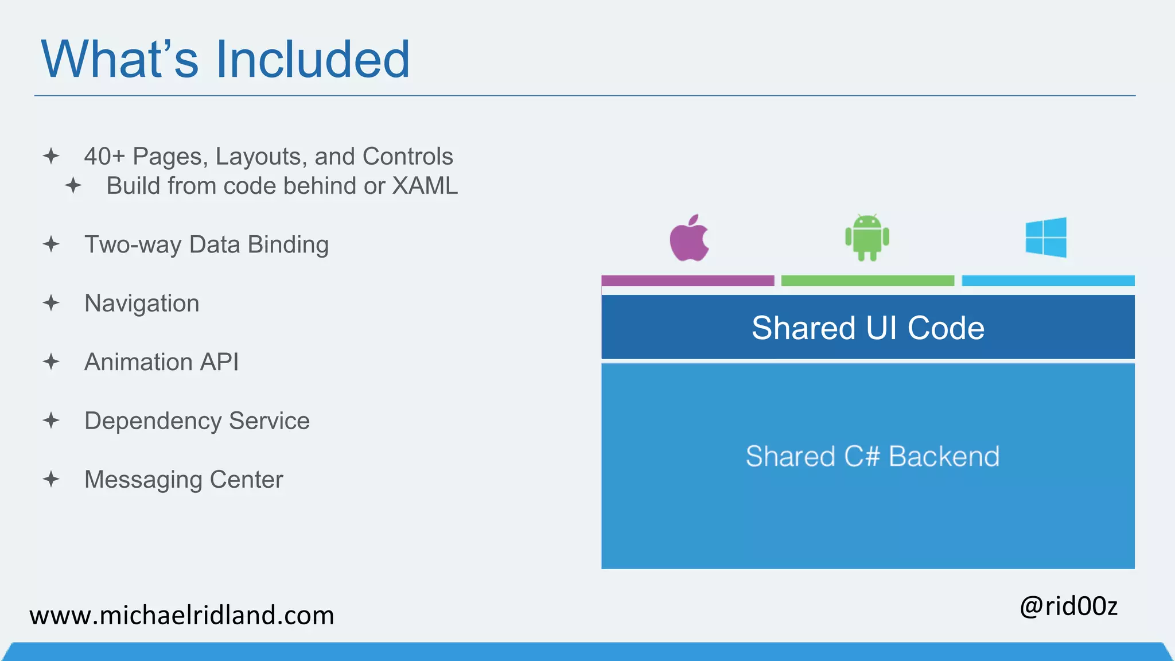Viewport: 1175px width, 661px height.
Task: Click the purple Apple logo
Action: [x=689, y=240]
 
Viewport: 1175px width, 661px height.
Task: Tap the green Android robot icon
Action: [x=867, y=238]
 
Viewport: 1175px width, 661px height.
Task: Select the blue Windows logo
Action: [x=1046, y=238]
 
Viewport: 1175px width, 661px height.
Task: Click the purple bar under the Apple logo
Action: [x=687, y=281]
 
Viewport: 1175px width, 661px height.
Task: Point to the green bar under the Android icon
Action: [x=867, y=281]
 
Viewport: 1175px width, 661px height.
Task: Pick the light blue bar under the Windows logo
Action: [x=1048, y=281]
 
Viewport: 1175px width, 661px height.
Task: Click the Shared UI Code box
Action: [x=867, y=328]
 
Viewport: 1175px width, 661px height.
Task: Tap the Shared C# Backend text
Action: [x=872, y=457]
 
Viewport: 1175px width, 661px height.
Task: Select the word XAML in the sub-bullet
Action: [x=425, y=186]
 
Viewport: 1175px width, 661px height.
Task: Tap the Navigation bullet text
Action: [x=142, y=304]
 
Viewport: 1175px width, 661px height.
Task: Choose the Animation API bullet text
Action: [x=161, y=362]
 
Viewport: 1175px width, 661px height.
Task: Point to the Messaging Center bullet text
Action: [x=184, y=480]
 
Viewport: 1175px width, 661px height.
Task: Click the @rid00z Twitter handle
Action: [x=1068, y=606]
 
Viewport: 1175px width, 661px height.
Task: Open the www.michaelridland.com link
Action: [x=182, y=616]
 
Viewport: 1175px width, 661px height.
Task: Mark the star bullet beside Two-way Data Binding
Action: [x=51, y=244]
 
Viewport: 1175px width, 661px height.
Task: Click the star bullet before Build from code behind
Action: [x=73, y=186]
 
